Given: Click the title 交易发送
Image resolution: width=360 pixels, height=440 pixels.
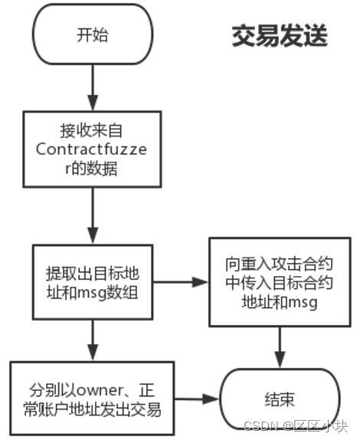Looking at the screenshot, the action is click(280, 35).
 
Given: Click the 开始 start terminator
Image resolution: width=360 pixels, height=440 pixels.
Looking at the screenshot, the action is click(93, 34).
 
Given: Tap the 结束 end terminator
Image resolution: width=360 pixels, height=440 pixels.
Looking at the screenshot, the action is click(280, 399).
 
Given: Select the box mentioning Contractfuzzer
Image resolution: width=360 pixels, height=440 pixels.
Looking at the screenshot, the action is click(92, 149).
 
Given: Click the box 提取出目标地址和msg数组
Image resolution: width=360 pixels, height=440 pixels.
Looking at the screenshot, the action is click(93, 282).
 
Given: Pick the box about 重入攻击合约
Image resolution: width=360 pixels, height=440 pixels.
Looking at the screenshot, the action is click(280, 282).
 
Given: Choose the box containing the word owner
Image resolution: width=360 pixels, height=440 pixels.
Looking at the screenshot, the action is click(92, 399).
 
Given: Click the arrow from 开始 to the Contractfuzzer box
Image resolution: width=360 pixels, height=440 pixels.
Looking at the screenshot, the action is click(93, 88).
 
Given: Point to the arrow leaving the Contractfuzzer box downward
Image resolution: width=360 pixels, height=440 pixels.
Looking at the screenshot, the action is click(93, 216).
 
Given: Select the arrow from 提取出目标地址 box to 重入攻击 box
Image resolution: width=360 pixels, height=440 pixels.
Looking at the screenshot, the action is click(181, 282).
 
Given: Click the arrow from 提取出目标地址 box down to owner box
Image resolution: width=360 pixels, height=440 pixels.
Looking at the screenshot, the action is click(93, 340).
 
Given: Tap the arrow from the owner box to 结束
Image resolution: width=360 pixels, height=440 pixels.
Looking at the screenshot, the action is click(197, 399).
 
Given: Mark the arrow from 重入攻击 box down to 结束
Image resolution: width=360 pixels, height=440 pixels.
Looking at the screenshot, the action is click(280, 348).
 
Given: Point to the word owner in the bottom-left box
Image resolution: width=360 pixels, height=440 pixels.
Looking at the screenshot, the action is click(100, 391).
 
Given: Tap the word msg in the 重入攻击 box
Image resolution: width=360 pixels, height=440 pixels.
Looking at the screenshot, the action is click(303, 303).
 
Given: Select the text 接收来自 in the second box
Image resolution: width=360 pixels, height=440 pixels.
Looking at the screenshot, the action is click(91, 130).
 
